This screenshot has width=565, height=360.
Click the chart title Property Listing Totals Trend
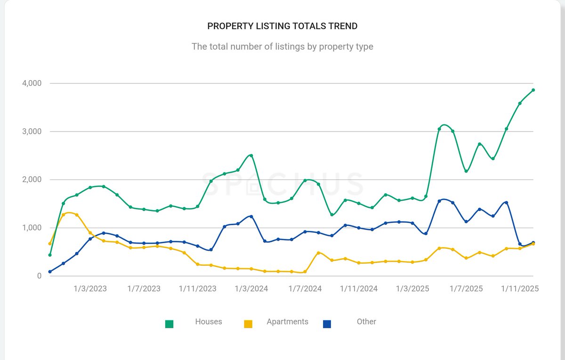point(282,26)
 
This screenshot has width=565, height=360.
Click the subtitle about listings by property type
point(282,47)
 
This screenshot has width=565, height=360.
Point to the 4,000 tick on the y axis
point(32,83)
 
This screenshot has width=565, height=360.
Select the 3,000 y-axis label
point(32,131)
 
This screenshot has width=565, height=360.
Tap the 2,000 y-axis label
point(32,180)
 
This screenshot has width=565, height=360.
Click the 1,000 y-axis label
point(32,228)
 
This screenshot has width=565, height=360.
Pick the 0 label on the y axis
point(39,276)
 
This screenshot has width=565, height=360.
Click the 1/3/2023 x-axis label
point(90,289)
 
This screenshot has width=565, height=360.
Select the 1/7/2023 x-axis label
point(144,289)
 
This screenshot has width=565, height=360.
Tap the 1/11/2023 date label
point(198,289)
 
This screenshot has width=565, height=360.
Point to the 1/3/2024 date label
point(251,289)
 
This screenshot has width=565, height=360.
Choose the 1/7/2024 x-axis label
point(305,289)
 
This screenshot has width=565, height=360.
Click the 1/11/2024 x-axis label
point(359,289)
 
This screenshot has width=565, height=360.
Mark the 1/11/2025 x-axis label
point(520,289)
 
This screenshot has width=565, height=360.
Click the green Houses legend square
point(169,324)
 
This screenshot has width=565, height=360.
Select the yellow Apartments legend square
point(248,324)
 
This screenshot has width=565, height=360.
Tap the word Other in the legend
point(366,322)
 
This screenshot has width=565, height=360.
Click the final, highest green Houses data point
point(533,90)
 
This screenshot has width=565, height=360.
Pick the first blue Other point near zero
point(50,271)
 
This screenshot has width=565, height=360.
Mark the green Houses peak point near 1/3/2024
point(251,155)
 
